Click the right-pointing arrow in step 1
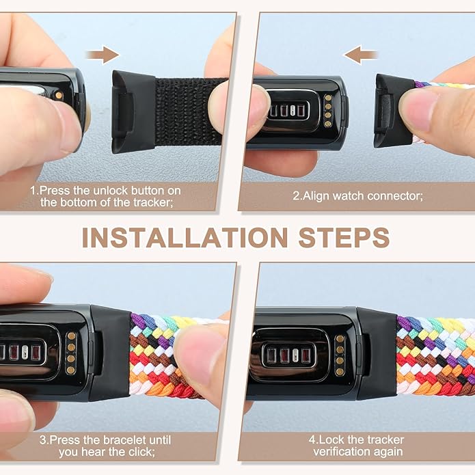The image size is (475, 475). tap(103, 55)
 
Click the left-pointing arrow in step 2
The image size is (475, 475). tap(360, 55)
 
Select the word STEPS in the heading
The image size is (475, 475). tap(344, 238)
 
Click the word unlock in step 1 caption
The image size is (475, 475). tap(111, 191)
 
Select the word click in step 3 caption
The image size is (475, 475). tap(141, 452)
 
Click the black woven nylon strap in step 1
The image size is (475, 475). tap(189, 111)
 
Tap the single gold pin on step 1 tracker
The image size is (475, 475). tap(59, 96)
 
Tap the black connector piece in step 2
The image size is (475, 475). tap(394, 111)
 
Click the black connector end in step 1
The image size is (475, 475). tap(133, 111)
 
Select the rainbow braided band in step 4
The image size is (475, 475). tap(435, 356)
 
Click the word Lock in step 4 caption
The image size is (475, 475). tap(331, 440)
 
